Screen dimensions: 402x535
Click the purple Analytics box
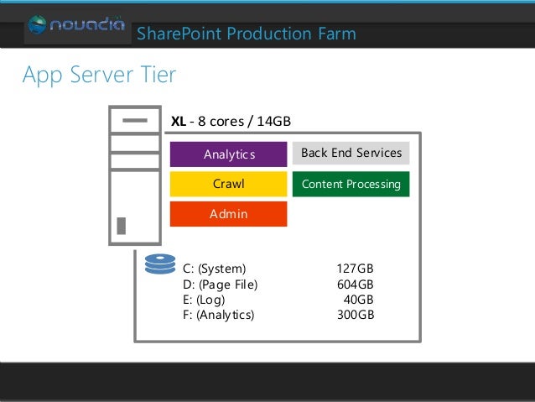(228, 154)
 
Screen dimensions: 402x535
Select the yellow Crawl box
(228, 184)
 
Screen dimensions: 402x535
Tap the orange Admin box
(228, 214)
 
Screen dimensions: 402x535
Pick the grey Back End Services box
(351, 153)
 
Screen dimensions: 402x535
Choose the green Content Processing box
(351, 184)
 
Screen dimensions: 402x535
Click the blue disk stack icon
(159, 265)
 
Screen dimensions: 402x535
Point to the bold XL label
(178, 122)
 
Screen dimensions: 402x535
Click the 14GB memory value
(273, 122)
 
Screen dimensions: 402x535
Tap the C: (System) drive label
(214, 269)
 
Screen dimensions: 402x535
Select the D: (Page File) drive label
(220, 285)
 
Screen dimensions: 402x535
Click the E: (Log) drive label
(204, 300)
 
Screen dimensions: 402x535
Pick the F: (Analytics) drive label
(218, 316)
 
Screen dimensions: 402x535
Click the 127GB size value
(355, 269)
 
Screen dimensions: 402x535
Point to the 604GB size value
(355, 285)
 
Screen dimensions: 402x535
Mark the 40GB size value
(358, 300)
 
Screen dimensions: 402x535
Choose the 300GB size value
(355, 316)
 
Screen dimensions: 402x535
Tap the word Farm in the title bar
(335, 34)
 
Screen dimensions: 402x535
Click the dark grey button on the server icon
(122, 225)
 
